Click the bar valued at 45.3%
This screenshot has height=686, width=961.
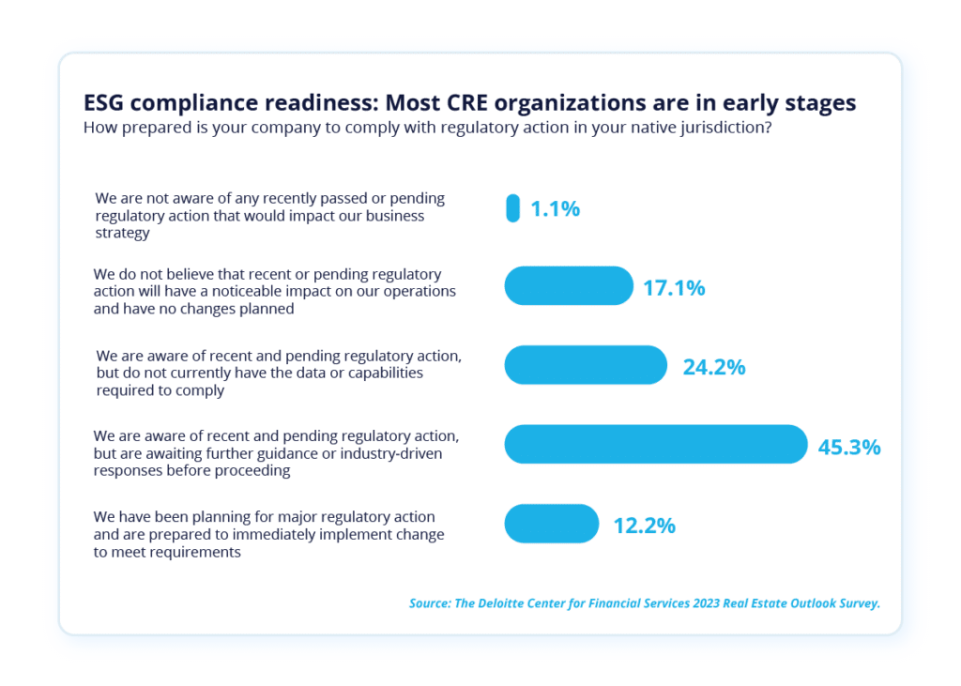point(655,445)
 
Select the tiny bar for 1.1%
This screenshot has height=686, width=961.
point(512,208)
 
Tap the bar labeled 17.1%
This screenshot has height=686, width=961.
point(569,286)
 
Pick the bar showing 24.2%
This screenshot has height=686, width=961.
point(586,365)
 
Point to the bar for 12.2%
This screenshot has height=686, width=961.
point(552,524)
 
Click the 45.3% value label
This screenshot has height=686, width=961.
point(849,447)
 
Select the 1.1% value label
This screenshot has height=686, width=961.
point(556,209)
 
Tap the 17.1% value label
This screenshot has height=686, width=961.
point(674,288)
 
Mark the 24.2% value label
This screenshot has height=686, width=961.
point(714,367)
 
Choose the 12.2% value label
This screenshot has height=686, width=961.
point(645,526)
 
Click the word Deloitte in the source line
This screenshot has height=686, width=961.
point(513,603)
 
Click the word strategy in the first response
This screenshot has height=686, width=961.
point(123,233)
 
